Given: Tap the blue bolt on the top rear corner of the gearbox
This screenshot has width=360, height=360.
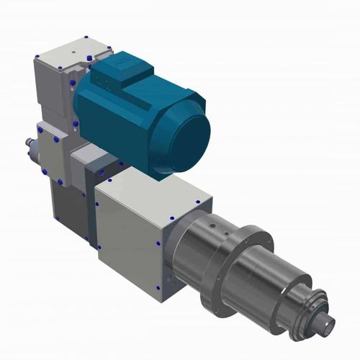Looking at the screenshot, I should [86, 37].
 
